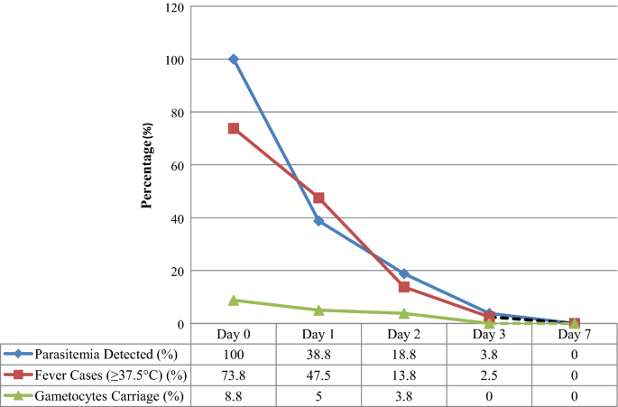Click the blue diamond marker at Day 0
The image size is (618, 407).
coord(234,60)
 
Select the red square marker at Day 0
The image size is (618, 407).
coord(234,128)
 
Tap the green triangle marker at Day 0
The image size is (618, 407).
coord(234,301)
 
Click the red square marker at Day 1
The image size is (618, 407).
coord(318,198)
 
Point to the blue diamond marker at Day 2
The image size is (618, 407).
coord(404,273)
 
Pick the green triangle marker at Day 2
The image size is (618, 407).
coord(404,313)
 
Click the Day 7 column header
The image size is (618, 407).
coord(574,334)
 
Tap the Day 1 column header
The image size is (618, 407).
coord(318,334)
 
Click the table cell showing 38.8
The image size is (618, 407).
coord(318,353)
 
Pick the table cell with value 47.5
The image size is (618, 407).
coord(318,374)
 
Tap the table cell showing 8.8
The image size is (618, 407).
coord(234,394)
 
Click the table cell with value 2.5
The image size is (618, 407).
coord(489,374)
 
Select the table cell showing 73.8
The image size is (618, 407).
coord(234,374)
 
